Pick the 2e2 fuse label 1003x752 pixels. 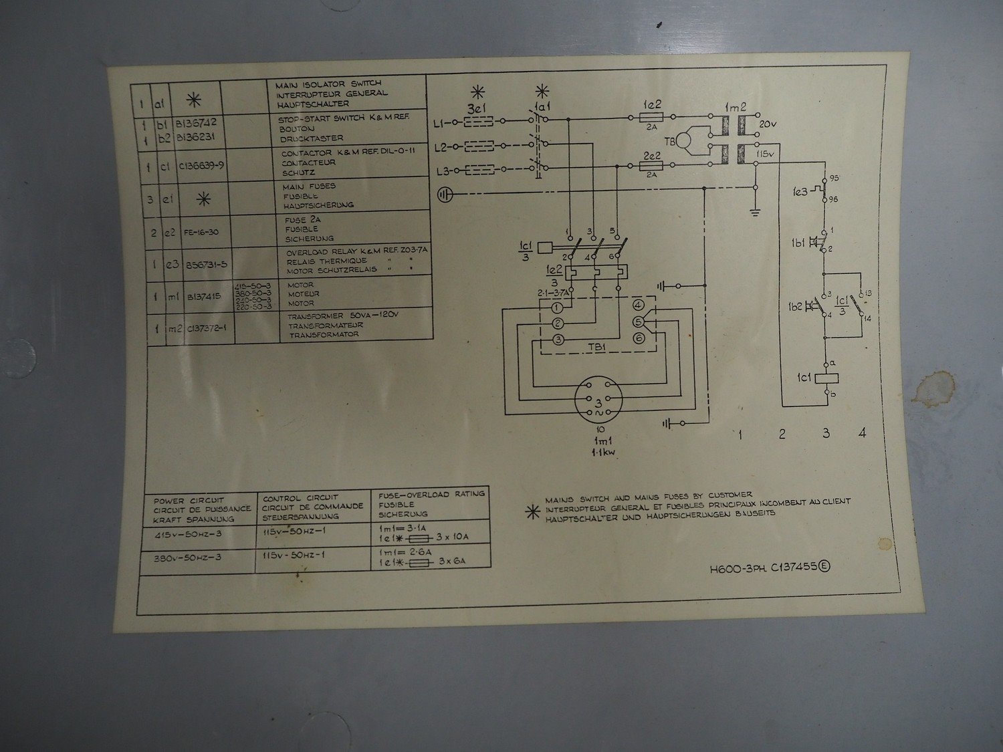(x=651, y=154)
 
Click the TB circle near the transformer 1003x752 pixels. (x=684, y=140)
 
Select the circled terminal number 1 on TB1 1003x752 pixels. (x=556, y=308)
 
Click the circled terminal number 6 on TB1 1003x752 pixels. (x=638, y=339)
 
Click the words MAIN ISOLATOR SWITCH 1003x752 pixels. (x=328, y=85)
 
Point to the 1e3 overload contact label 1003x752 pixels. (x=800, y=191)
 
